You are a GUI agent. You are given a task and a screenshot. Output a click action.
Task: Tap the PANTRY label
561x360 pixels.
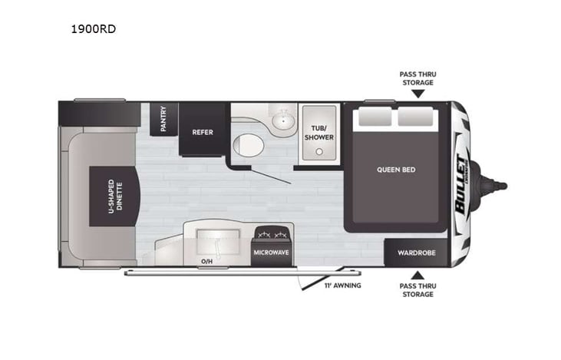coord(163,118)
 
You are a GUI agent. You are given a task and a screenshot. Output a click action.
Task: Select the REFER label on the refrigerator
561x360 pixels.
coord(203,131)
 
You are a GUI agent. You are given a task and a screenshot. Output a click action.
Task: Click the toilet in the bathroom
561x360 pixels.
coord(247,144)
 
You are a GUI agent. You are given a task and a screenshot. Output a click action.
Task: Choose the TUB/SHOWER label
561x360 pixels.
coord(318,132)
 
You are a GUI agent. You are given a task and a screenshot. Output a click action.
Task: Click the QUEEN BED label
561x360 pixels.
coord(396,170)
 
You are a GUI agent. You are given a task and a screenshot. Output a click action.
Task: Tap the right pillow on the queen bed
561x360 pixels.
coord(416,117)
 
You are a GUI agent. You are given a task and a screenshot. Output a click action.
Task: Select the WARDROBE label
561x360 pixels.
coord(416,253)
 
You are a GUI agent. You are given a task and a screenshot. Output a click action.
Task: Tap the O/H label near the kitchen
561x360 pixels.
coord(206,261)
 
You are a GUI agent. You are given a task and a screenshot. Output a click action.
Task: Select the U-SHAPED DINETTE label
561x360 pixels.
coord(112,197)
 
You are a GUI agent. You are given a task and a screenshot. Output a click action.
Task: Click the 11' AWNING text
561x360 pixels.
coord(342,286)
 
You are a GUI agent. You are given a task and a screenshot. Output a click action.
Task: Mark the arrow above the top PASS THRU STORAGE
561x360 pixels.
coord(417,94)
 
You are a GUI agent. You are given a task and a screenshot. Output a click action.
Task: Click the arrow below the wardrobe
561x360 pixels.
coord(417,275)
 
